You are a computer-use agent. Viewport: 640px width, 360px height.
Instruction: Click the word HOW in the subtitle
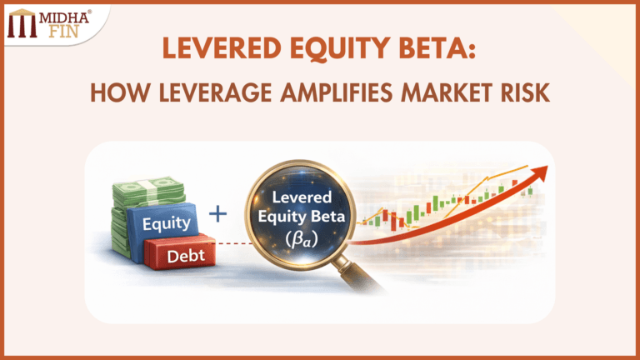pos(113,94)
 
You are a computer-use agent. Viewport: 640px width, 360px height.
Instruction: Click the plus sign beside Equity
pos(217,214)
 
